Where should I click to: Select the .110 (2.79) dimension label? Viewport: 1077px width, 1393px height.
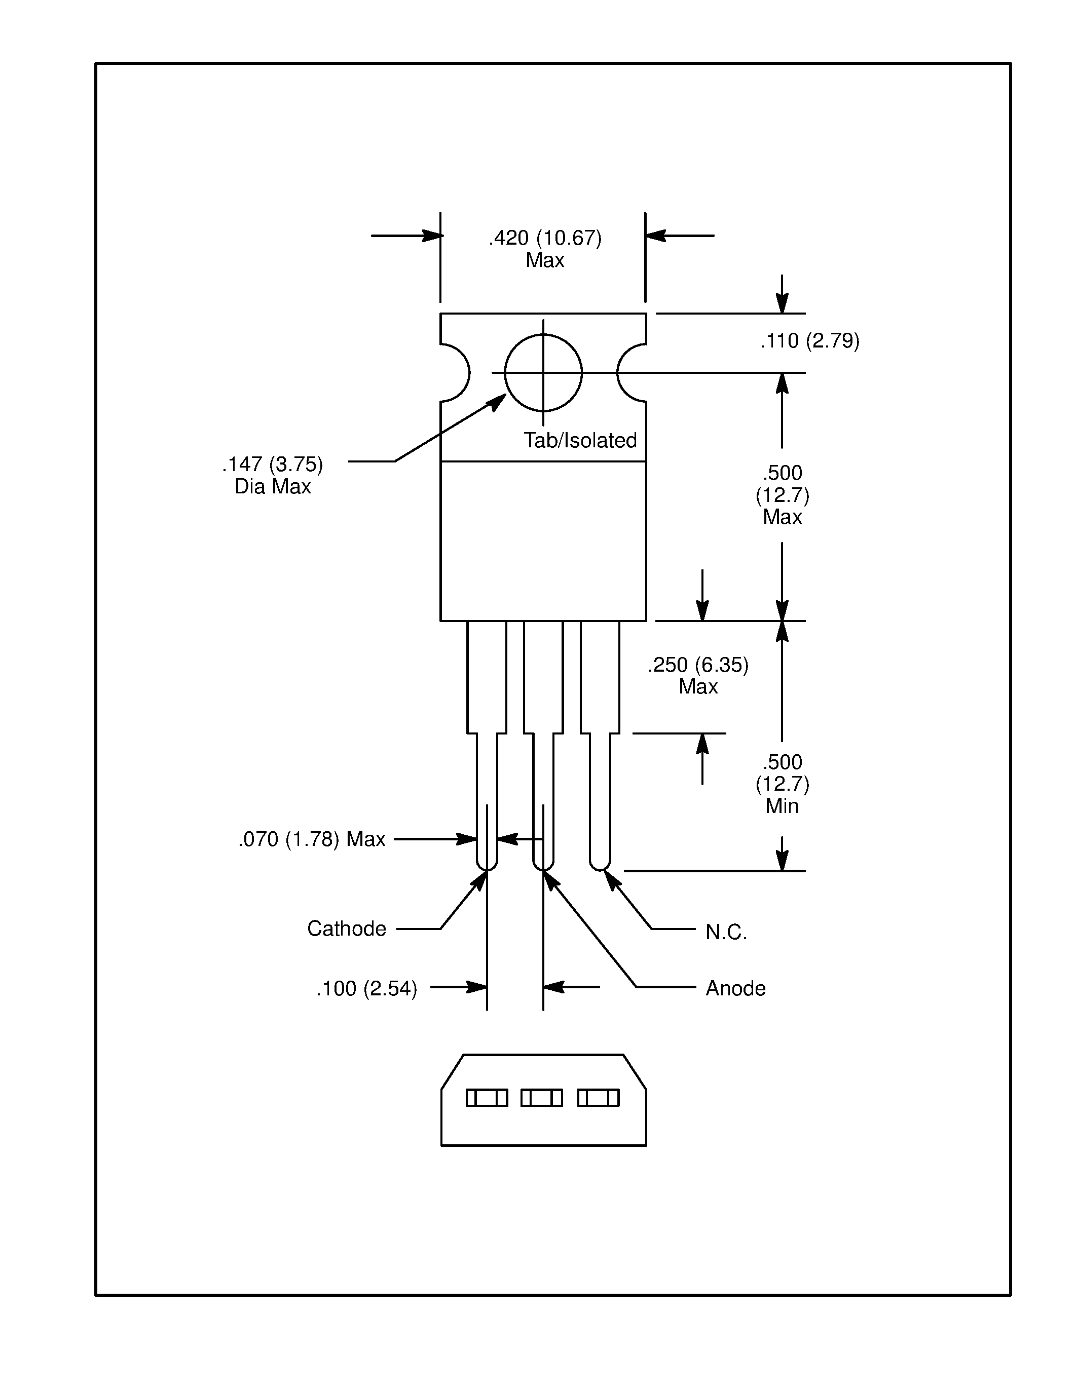click(x=809, y=341)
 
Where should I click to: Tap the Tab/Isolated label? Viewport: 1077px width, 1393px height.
click(x=580, y=441)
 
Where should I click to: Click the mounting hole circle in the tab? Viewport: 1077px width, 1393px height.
click(x=543, y=372)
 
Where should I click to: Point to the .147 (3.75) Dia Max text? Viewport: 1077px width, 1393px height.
click(x=273, y=475)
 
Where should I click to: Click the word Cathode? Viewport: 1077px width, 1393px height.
click(x=347, y=928)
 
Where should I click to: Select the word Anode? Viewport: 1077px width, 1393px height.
click(x=735, y=989)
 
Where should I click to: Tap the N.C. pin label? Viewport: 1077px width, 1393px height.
click(x=725, y=933)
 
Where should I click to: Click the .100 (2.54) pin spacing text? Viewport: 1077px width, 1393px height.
click(x=367, y=989)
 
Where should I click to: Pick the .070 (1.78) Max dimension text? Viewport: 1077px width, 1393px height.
click(x=312, y=839)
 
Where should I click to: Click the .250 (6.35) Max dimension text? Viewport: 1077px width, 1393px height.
click(x=698, y=675)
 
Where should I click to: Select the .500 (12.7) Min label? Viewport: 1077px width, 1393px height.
click(x=782, y=784)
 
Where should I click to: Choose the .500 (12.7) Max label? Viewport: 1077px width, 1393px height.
click(x=782, y=494)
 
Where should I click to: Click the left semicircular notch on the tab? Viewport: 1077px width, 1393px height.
click(x=456, y=373)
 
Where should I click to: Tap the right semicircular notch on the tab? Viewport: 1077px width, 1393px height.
click(x=631, y=373)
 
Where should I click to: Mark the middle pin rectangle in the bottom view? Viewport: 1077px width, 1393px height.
click(x=542, y=1098)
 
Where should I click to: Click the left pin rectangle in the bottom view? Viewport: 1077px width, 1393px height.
click(x=487, y=1098)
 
